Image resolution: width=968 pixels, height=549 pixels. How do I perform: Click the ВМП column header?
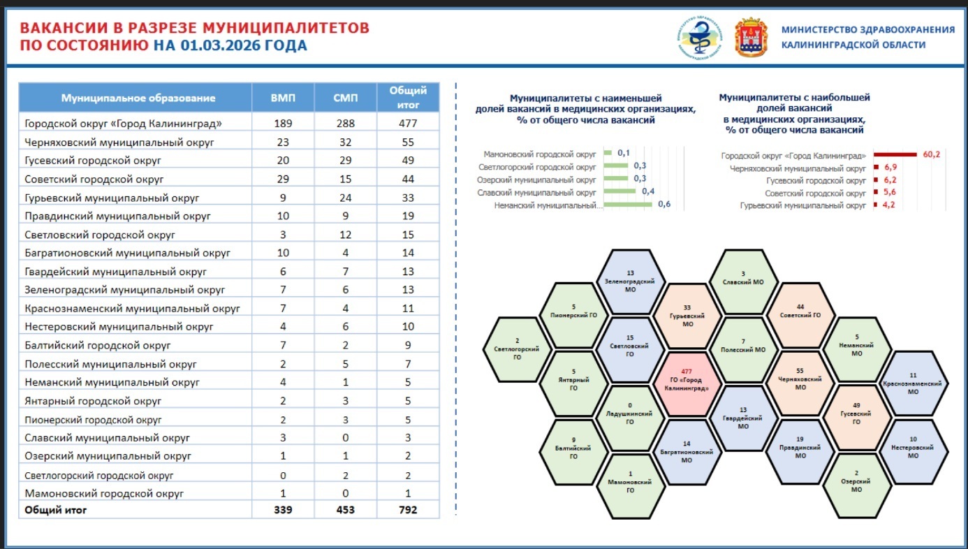[x=283, y=98]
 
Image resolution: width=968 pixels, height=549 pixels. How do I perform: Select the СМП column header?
[x=346, y=98]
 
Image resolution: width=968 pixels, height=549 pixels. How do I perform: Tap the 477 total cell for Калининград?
[x=409, y=124]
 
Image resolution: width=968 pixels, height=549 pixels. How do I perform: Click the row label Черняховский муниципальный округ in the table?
[x=119, y=142]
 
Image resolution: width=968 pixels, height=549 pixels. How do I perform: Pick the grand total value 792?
[x=409, y=510]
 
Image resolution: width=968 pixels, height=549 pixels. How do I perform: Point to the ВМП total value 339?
[x=283, y=510]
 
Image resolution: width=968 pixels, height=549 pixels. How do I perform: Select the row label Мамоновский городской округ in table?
[x=104, y=494]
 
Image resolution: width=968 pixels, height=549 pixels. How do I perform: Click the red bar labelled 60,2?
[x=895, y=155]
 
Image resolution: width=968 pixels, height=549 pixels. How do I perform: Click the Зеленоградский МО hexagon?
[x=631, y=281]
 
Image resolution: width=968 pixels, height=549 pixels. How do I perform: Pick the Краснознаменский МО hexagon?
[x=913, y=383]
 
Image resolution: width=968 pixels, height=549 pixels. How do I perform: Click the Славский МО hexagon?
[x=743, y=281]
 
